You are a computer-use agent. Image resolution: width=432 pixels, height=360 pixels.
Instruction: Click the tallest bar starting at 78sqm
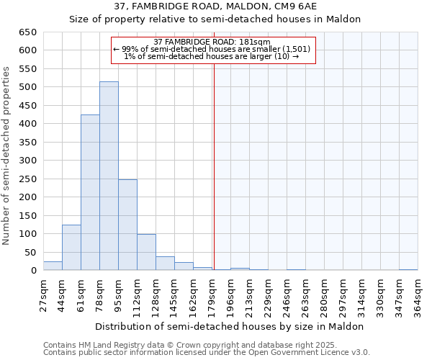pyautogui.click(x=109, y=176)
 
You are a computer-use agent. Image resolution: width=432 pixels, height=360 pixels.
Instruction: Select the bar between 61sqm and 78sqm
pyautogui.click(x=90, y=193)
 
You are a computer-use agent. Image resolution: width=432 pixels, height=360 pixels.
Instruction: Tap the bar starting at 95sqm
pyautogui.click(x=127, y=225)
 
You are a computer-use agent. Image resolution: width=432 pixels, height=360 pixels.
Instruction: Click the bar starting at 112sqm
pyautogui.click(x=146, y=253)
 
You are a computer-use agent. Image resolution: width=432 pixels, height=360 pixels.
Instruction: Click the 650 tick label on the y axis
pyautogui.click(x=27, y=32)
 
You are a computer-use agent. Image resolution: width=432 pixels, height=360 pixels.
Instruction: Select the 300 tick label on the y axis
pyautogui.click(x=27, y=161)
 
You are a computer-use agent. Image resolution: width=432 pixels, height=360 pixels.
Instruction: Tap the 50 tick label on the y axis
pyautogui.click(x=30, y=253)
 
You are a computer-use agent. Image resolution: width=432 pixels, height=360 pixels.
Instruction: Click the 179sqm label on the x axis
pyautogui.click(x=212, y=295)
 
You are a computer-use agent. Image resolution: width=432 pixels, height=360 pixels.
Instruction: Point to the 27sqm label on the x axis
pyautogui.click(x=43, y=295)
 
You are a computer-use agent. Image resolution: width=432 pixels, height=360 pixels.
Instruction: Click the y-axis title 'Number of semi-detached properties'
pyautogui.click(x=7, y=156)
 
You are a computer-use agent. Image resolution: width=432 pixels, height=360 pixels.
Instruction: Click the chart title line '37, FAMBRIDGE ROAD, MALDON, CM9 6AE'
pyautogui.click(x=215, y=6)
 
